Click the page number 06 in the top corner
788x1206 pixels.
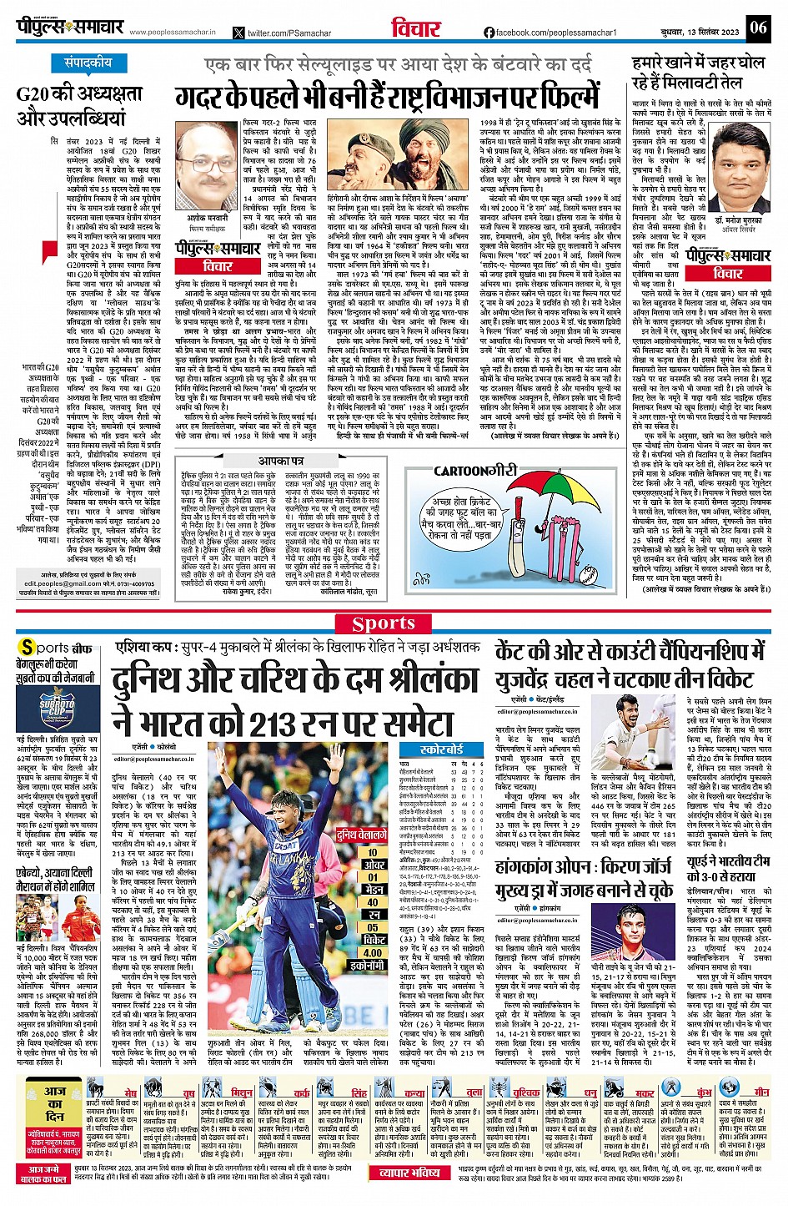pos(757,27)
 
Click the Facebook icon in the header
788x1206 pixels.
pos(489,33)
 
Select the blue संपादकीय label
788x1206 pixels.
pos(88,63)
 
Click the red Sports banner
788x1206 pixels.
pos(384,623)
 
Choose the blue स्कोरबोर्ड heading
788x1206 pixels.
pos(442,749)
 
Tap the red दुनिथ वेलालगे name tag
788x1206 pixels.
pos(361,834)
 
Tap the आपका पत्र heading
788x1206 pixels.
pos(280,461)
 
